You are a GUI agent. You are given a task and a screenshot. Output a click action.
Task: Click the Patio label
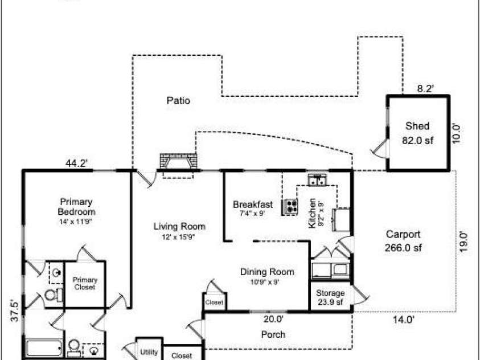(178, 100)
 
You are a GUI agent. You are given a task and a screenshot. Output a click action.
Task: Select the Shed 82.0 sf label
(417, 133)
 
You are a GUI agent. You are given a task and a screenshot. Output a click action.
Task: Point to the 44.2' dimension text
(77, 163)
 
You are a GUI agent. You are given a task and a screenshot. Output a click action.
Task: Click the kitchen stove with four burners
(290, 207)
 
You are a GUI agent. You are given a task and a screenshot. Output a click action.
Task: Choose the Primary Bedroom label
(76, 211)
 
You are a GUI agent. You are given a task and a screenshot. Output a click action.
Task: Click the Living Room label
(179, 231)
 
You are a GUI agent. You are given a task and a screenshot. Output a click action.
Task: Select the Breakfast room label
(253, 208)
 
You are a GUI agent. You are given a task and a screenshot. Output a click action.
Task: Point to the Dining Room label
(267, 276)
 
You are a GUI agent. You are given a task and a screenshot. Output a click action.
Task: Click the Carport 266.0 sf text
(403, 240)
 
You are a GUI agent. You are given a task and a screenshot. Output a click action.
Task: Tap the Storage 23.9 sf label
(330, 297)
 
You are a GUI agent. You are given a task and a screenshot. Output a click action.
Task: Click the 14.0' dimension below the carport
(404, 320)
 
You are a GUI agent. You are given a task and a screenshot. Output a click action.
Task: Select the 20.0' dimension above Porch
(273, 319)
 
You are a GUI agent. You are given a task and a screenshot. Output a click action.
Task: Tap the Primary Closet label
(85, 284)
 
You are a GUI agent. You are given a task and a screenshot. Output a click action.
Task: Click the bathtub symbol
(44, 347)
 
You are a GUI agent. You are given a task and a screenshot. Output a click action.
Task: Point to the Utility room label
(149, 351)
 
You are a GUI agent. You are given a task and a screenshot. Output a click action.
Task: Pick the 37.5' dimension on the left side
(15, 310)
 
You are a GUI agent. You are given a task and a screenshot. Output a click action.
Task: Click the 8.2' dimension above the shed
(425, 89)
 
